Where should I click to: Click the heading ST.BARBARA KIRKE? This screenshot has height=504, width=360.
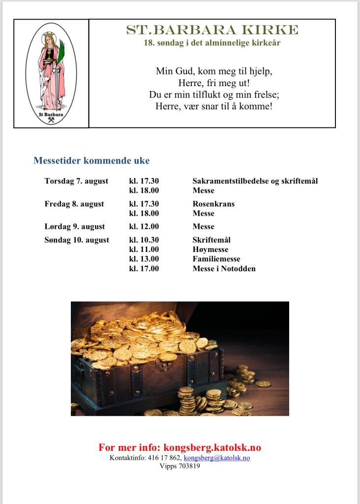tap(212, 30)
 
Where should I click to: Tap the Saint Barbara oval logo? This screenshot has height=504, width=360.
tap(51, 73)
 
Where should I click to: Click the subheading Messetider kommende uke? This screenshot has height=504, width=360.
tap(91, 161)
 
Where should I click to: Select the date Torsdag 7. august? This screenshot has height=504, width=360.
tap(76, 181)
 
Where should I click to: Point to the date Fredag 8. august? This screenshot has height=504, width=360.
tap(74, 204)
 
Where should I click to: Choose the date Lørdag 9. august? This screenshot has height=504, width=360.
tap(75, 227)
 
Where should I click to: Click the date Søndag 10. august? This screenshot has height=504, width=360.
tap(77, 240)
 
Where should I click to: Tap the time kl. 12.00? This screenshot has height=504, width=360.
tap(144, 227)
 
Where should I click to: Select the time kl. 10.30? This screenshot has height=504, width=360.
tap(144, 240)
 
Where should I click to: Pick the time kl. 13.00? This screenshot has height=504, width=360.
tap(144, 259)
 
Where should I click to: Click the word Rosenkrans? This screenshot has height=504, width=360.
tap(213, 204)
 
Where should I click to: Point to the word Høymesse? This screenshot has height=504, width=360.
tap(210, 250)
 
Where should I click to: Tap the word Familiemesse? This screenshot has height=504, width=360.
tap(216, 259)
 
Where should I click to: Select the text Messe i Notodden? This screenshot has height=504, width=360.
tap(224, 269)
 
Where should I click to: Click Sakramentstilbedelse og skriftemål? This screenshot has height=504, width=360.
tap(255, 181)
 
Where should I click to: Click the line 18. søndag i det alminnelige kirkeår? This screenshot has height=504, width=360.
tap(212, 43)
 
